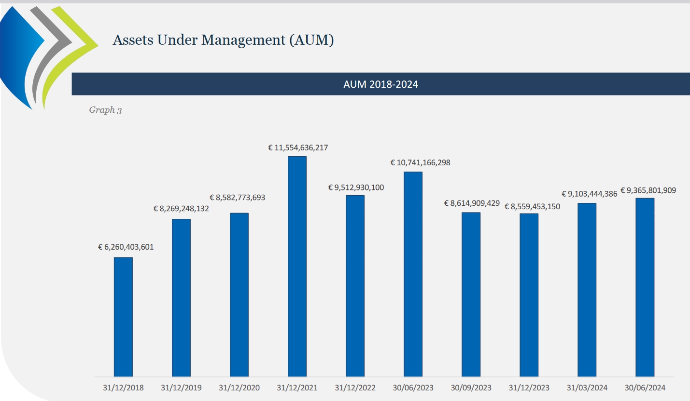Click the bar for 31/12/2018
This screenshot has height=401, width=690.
pos(123,317)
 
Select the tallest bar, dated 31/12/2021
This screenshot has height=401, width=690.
pos(297,266)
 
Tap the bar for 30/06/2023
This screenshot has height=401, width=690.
pos(413,274)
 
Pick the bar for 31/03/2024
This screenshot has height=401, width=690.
pos(587,290)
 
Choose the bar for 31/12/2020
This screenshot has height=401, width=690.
pos(239,294)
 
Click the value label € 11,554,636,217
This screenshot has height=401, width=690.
pos(298,147)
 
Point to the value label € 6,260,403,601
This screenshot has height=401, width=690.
pos(126,247)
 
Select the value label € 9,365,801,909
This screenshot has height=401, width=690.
pos(648,190)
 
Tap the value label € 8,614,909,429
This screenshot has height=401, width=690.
pos(472,203)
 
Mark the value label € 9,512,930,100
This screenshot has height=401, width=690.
pos(356,187)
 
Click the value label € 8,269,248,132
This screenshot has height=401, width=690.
pos(181,209)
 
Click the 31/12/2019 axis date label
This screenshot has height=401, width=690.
pos(181,388)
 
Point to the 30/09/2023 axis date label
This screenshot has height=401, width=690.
pos(471,388)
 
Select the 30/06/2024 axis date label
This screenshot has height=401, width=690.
pos(645,388)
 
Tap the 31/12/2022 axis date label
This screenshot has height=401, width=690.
pos(355,388)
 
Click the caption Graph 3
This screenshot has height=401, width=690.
pos(105,110)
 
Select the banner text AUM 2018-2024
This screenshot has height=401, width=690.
pos(380,84)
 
